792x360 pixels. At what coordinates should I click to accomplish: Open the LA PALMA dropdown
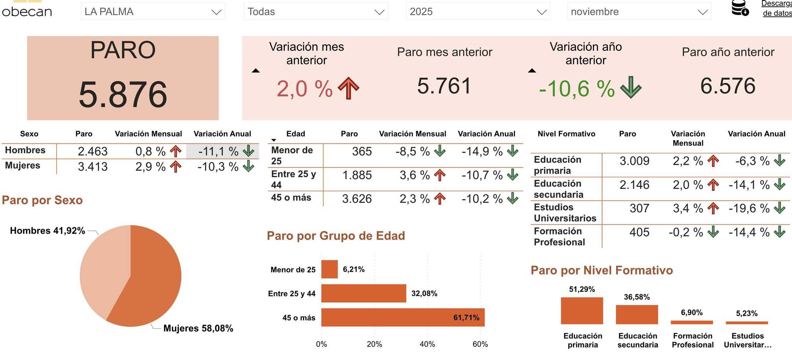pyautogui.click(x=152, y=11)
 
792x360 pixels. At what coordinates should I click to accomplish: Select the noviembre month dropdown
pyautogui.click(x=639, y=11)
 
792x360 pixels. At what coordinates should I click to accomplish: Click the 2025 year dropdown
pyautogui.click(x=478, y=11)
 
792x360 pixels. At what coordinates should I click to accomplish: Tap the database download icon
pyautogui.click(x=740, y=8)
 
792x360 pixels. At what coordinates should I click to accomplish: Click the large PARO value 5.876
pyautogui.click(x=123, y=94)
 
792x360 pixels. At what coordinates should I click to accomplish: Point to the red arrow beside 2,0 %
pyautogui.click(x=348, y=88)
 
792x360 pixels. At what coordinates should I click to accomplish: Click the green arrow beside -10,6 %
pyautogui.click(x=630, y=87)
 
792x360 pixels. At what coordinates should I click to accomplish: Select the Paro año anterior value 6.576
pyautogui.click(x=728, y=86)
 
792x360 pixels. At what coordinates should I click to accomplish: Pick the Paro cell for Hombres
pyautogui.click(x=92, y=151)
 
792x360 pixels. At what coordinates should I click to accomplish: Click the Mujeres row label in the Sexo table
pyautogui.click(x=23, y=166)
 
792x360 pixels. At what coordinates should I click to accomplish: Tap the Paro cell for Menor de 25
pyautogui.click(x=362, y=151)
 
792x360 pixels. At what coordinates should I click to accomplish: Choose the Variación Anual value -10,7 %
pyautogui.click(x=482, y=175)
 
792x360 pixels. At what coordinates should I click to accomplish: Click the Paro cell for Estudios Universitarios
pyautogui.click(x=639, y=208)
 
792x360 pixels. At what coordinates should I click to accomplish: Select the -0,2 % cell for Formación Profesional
pyautogui.click(x=685, y=232)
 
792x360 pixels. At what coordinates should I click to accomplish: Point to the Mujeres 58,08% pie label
pyautogui.click(x=198, y=328)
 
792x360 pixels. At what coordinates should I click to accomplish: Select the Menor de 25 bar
pyautogui.click(x=329, y=269)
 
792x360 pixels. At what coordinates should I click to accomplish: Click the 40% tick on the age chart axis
pyautogui.click(x=427, y=344)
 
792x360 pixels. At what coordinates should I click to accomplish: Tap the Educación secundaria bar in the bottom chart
pyautogui.click(x=637, y=314)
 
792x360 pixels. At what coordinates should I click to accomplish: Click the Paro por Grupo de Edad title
pyautogui.click(x=336, y=236)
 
